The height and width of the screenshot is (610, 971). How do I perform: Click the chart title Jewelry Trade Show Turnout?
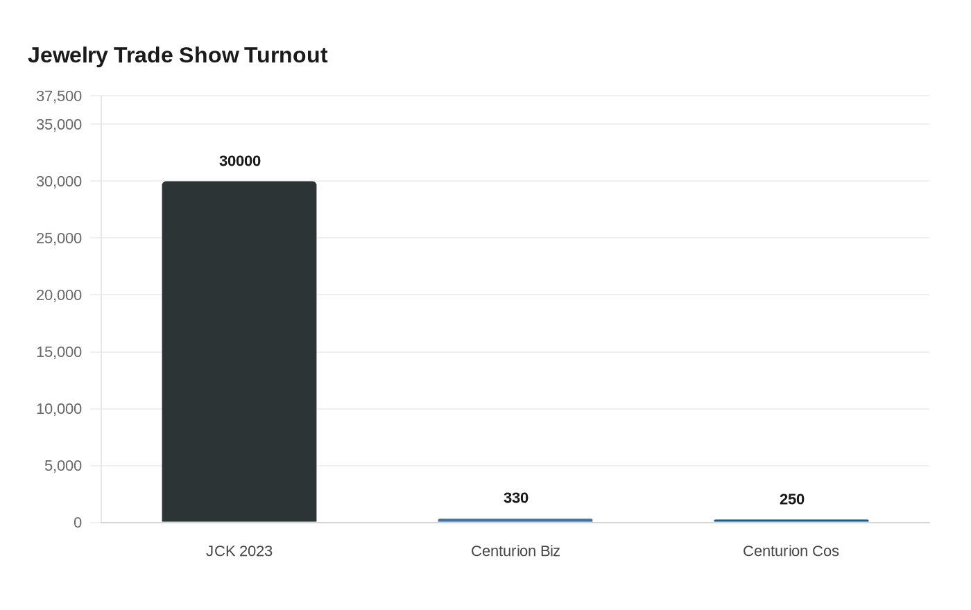[178, 55]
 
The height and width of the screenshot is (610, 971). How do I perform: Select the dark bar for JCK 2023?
[239, 351]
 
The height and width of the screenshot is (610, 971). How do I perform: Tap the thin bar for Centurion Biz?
[515, 520]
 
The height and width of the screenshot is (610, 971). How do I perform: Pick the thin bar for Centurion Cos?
[791, 521]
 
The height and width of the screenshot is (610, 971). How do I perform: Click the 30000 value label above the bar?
[240, 161]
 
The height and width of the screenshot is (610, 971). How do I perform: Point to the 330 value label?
[516, 498]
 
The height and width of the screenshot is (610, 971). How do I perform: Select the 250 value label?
[792, 499]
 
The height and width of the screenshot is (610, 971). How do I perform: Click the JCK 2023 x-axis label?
[239, 551]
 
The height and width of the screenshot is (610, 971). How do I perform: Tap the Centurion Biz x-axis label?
[515, 551]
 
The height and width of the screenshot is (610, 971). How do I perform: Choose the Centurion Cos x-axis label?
[791, 551]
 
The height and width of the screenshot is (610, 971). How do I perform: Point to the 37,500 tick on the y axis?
[59, 96]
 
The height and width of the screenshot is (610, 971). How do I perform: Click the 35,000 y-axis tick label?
[59, 124]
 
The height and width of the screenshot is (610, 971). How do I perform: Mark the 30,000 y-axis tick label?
[59, 181]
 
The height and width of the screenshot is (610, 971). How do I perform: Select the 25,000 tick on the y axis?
[59, 238]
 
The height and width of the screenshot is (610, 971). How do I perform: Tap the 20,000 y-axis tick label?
[59, 295]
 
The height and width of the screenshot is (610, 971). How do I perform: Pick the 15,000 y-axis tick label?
[59, 351]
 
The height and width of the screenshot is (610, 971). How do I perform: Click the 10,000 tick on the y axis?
[59, 408]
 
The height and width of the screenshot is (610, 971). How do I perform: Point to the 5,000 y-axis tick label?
[63, 465]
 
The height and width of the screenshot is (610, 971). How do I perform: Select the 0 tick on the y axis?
[78, 523]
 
